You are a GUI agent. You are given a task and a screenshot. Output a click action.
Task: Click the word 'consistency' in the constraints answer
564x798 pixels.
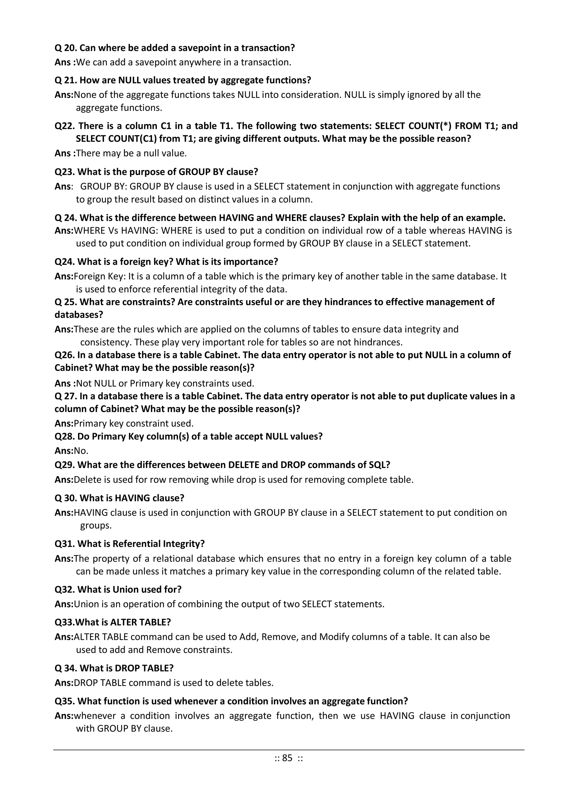(x=105, y=342)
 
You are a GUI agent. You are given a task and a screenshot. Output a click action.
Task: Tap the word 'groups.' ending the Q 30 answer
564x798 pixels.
(x=96, y=525)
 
